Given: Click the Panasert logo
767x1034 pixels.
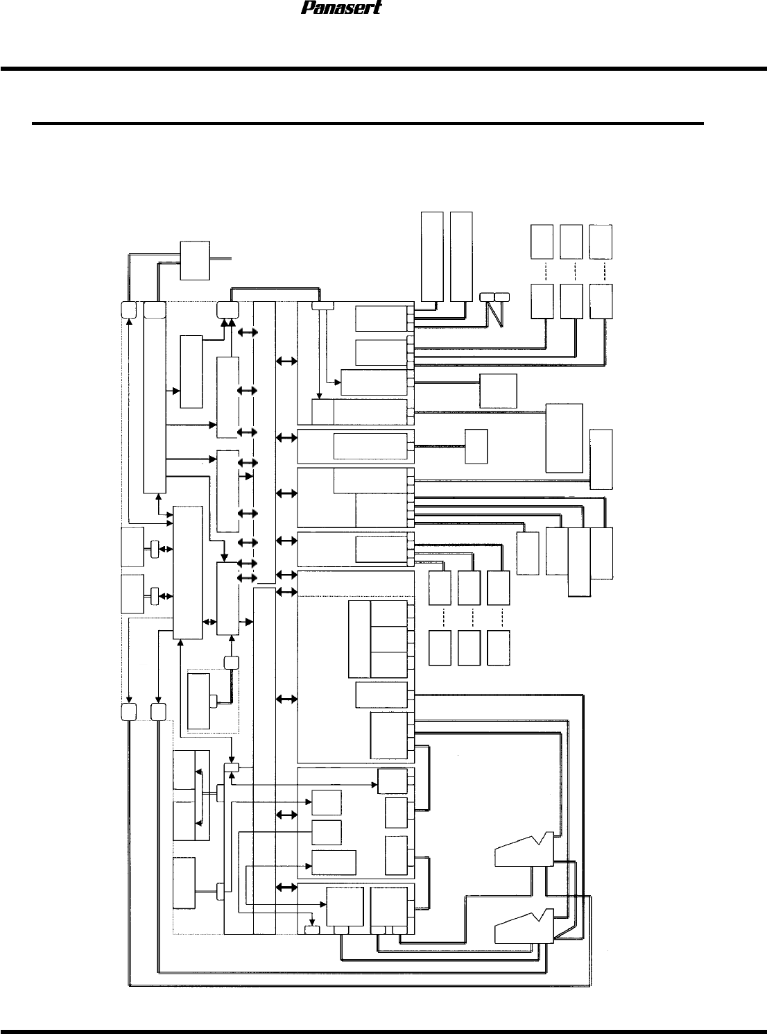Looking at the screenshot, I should [x=341, y=8].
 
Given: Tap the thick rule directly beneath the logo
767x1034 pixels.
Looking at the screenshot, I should [x=383, y=69].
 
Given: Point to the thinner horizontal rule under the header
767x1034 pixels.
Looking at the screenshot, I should [x=368, y=124].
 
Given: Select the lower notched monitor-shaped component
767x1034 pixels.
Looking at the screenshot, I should [x=524, y=925].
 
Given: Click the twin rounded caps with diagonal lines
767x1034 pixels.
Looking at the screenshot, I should [x=494, y=298].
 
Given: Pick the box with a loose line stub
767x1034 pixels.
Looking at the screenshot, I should [x=194, y=260].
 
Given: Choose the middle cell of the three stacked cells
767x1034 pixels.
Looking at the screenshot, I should [x=388, y=639].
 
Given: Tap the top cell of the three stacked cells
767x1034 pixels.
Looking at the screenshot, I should [x=388, y=613].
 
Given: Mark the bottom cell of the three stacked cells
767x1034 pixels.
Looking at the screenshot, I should [x=388, y=664].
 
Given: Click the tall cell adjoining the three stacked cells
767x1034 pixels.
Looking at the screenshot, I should [x=359, y=639].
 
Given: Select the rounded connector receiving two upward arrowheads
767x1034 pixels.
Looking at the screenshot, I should [x=227, y=310].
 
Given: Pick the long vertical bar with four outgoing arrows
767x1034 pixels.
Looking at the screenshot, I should [x=155, y=397].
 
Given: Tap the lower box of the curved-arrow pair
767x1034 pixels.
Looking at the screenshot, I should [x=184, y=820].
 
